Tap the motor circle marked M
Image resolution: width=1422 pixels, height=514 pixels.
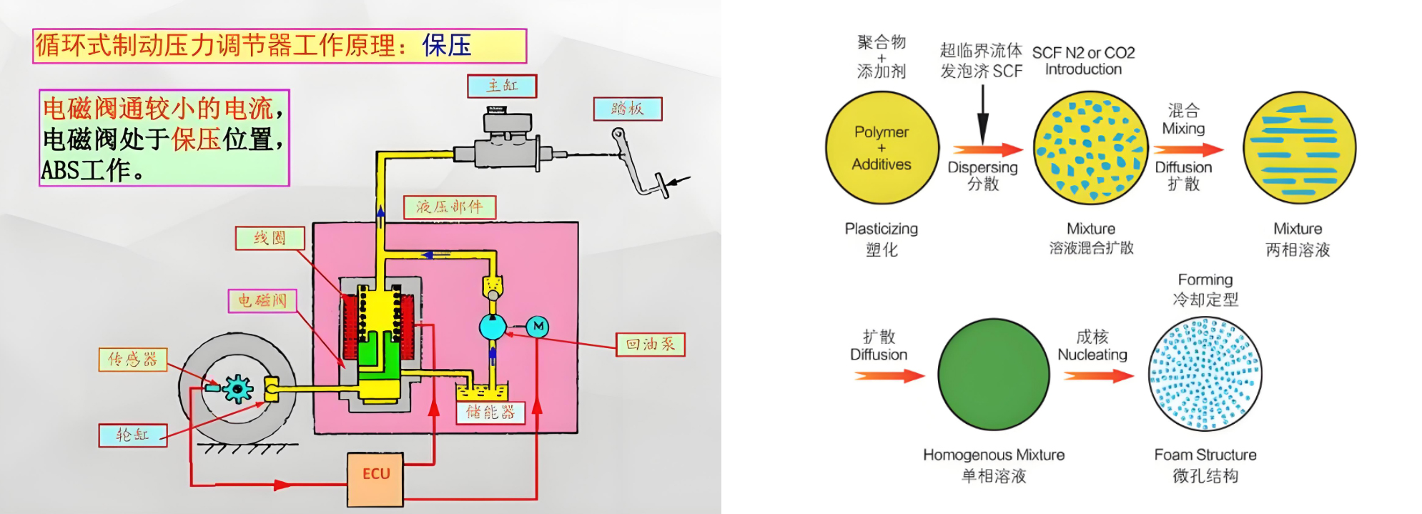coord(538,327)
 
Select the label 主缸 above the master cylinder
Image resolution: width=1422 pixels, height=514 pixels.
coord(502,86)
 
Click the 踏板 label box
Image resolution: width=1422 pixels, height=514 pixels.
coord(627,109)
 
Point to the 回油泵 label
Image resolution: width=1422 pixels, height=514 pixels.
coord(651,345)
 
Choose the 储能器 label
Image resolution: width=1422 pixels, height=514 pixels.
coord(490,412)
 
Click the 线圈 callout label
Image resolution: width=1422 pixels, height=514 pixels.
coord(270,238)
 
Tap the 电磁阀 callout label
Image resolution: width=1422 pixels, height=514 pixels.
coord(262,300)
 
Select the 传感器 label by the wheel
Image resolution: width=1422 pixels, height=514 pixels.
coord(132,359)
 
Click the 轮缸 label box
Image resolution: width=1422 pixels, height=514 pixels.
coord(132,435)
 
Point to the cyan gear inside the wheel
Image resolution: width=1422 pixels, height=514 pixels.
coord(237,389)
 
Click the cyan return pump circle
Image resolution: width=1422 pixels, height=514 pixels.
coord(493,327)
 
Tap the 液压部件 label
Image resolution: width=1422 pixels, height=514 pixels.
coord(449,207)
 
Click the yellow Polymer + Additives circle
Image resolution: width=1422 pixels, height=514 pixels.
coord(882,148)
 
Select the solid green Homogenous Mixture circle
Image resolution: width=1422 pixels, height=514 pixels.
coord(993,375)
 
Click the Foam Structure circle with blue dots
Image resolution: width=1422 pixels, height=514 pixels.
coord(1205,374)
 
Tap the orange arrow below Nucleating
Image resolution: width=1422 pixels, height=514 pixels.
coord(1097,375)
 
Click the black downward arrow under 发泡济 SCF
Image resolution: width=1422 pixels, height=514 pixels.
coord(982,114)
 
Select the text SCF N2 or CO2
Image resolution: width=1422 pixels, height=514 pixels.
coord(1083,53)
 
